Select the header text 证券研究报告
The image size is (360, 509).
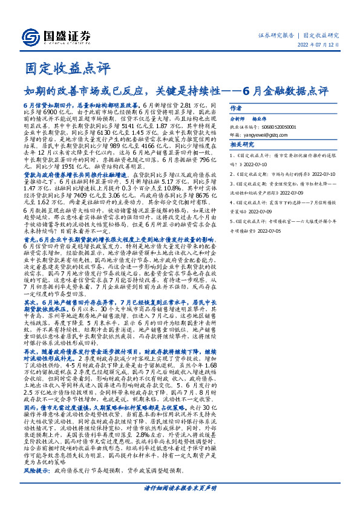pos(277,35)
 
